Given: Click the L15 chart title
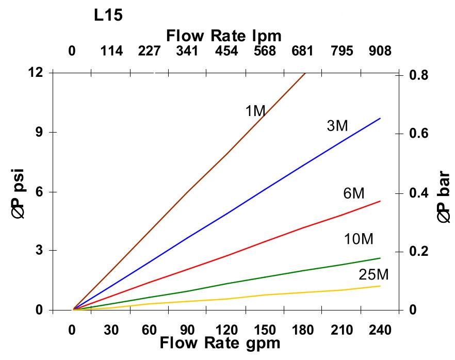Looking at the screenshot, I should pos(108,15).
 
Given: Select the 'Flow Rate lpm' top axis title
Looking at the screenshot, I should pos(224,36).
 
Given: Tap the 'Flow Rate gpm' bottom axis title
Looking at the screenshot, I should pos(220,343).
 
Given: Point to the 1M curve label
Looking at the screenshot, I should pos(255,110).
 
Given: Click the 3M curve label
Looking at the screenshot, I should pos(337,125).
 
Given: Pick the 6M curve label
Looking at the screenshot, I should pos(354,193).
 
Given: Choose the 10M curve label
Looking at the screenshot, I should pos(359,239).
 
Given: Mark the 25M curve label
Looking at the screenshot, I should pos(373,274).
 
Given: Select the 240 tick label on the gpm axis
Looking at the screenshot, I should pos(380,330).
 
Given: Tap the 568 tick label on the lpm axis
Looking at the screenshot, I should pos(265,51).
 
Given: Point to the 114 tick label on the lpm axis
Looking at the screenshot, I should pos(111,51).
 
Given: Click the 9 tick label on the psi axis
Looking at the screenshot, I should pos(38,132).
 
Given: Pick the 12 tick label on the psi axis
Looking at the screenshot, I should pos(35,72).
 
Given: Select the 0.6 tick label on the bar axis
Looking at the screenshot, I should pos(418,134).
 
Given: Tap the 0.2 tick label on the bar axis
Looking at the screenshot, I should pos(418,252).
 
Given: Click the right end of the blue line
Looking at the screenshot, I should pos(380,118).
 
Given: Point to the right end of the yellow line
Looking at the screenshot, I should pos(380,286).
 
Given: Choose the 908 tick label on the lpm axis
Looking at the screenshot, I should pos(380,51).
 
